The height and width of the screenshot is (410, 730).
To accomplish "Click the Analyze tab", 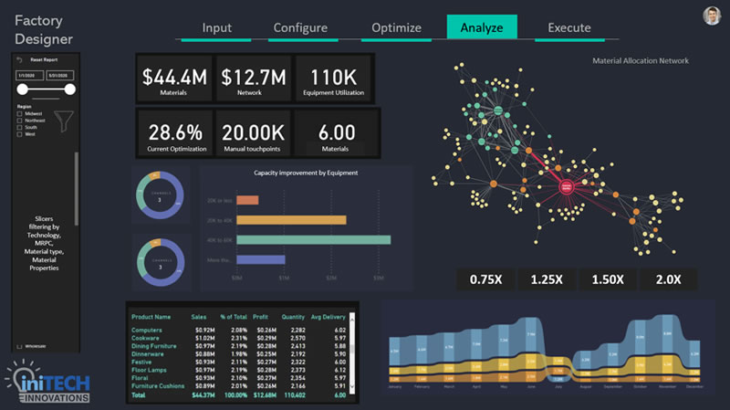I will click(482, 27).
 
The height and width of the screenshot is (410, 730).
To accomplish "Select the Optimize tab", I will click(397, 27).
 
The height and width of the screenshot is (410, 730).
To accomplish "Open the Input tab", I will click(216, 27).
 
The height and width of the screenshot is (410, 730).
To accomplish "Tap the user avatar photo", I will click(713, 16).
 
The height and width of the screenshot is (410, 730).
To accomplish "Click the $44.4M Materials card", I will click(173, 77).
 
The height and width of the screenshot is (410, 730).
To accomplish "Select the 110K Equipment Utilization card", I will click(333, 77).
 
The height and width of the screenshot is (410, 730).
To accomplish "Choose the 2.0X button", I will click(668, 279).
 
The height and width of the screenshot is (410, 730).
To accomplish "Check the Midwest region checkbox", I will click(20, 114).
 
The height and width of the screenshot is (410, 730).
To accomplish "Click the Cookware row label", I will click(146, 337).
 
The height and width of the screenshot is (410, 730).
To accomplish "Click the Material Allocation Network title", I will click(641, 61).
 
